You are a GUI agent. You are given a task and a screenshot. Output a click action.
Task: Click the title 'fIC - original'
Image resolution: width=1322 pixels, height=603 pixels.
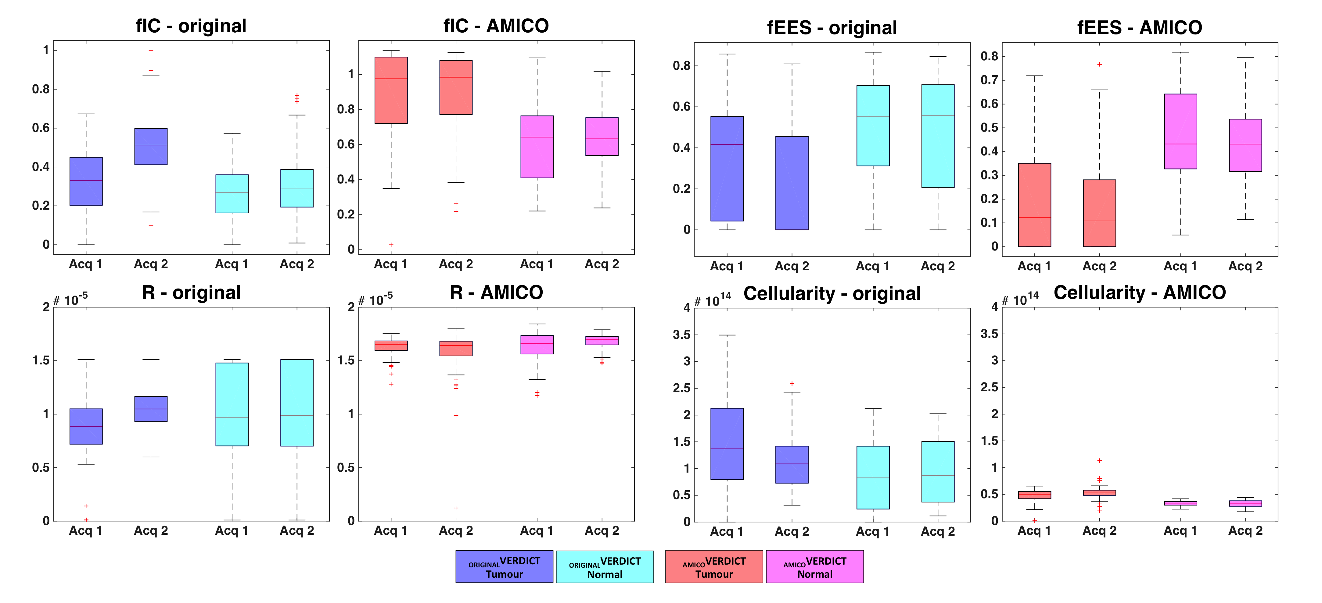[x=191, y=26]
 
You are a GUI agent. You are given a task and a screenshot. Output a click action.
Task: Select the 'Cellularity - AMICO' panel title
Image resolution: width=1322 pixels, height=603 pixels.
[x=1139, y=293]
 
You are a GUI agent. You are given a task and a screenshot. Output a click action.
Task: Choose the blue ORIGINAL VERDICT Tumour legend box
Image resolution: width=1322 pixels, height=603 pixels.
[x=504, y=567]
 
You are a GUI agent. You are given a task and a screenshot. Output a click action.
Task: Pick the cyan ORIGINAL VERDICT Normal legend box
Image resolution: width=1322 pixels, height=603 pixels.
[x=605, y=567]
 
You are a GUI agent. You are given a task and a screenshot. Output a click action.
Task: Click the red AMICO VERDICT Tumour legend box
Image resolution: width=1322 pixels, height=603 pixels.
[x=714, y=567]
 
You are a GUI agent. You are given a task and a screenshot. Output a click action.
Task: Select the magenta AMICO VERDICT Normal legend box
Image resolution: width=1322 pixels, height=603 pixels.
[x=814, y=567]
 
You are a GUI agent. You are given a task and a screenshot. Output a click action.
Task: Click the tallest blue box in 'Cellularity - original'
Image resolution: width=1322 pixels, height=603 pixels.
[x=727, y=444]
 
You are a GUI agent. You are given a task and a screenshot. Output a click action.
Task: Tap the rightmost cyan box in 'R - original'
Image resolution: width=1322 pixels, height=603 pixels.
[x=296, y=403]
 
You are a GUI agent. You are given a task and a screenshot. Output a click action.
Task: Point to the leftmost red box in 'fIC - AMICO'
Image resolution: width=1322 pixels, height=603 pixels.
[x=391, y=90]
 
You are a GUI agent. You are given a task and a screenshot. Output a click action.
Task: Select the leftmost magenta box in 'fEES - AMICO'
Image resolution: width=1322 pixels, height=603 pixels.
[x=1180, y=131]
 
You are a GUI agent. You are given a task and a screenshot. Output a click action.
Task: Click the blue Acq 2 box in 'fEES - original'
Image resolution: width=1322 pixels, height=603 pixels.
[x=792, y=183]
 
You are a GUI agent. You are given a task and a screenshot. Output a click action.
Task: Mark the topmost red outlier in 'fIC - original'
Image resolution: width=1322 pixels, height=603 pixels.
[x=151, y=50]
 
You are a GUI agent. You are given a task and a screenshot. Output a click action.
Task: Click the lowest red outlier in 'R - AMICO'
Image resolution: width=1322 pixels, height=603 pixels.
[x=456, y=508]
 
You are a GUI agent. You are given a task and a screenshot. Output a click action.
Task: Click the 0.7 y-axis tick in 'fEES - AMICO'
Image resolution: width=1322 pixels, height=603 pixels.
[x=989, y=80]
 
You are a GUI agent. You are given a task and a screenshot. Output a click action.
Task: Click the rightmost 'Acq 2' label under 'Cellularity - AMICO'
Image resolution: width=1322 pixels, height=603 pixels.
[x=1245, y=531]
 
